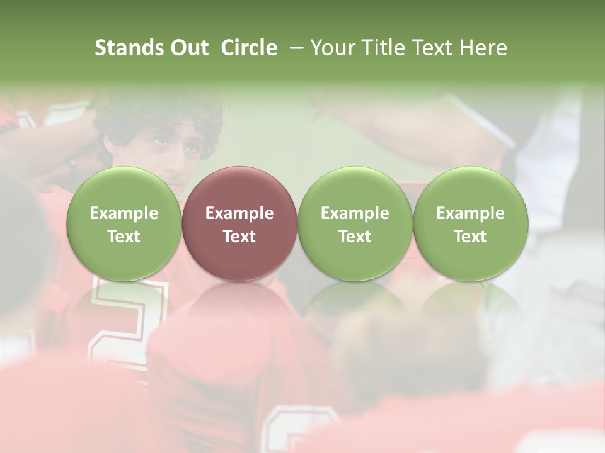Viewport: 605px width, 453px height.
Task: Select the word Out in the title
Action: [188, 48]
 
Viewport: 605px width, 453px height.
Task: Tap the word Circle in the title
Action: [249, 48]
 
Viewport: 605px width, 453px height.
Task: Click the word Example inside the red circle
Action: [239, 213]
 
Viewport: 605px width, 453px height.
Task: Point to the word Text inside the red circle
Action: [239, 237]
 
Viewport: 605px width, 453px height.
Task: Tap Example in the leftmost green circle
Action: [124, 213]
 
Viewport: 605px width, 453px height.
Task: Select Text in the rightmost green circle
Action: [471, 237]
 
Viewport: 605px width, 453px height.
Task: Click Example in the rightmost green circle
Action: [471, 213]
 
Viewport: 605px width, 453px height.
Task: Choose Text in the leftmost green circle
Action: [124, 237]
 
